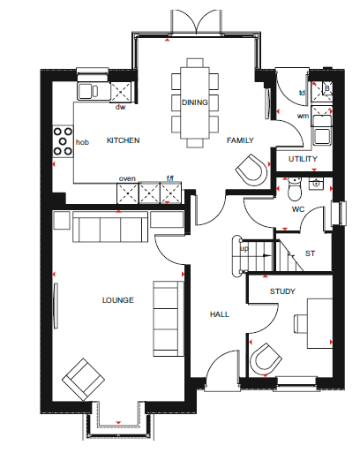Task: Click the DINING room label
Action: [x=195, y=102]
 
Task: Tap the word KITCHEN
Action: [x=123, y=140]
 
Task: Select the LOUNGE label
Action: [x=118, y=300]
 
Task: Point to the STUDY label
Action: [x=282, y=291]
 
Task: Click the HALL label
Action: [x=220, y=314]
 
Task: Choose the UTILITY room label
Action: [x=303, y=159]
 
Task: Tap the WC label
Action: [x=298, y=209]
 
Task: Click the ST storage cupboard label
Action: [x=310, y=253]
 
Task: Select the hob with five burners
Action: [x=63, y=141]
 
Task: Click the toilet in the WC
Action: [x=295, y=189]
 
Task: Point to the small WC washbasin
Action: [x=316, y=184]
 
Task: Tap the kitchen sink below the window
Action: [x=88, y=91]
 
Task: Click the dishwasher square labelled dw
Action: [x=120, y=92]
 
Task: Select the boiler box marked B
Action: [x=327, y=87]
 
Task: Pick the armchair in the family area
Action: [x=251, y=170]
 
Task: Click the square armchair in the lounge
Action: [x=84, y=380]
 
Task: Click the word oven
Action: [x=127, y=178]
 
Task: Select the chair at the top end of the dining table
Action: [x=195, y=63]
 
